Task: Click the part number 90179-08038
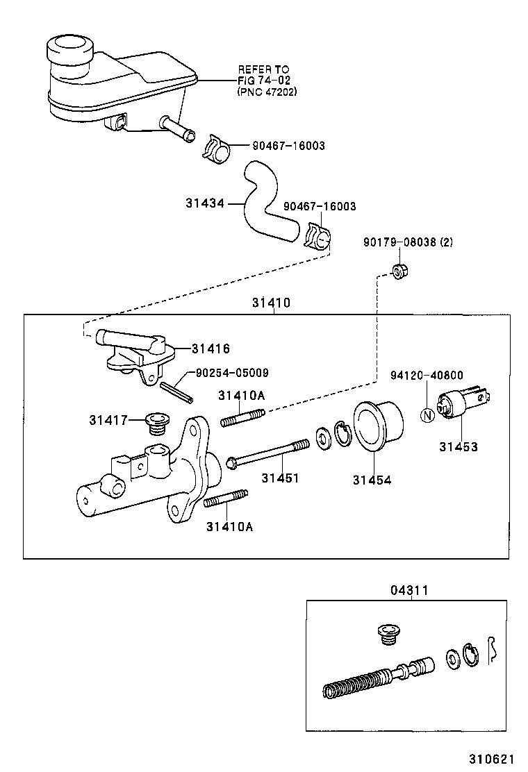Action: click(x=398, y=242)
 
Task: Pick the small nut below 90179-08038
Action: click(x=399, y=270)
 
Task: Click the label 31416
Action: click(x=211, y=349)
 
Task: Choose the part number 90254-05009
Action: click(x=232, y=373)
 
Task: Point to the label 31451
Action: click(x=280, y=478)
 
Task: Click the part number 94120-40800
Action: click(x=427, y=376)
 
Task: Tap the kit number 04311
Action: click(x=409, y=590)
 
